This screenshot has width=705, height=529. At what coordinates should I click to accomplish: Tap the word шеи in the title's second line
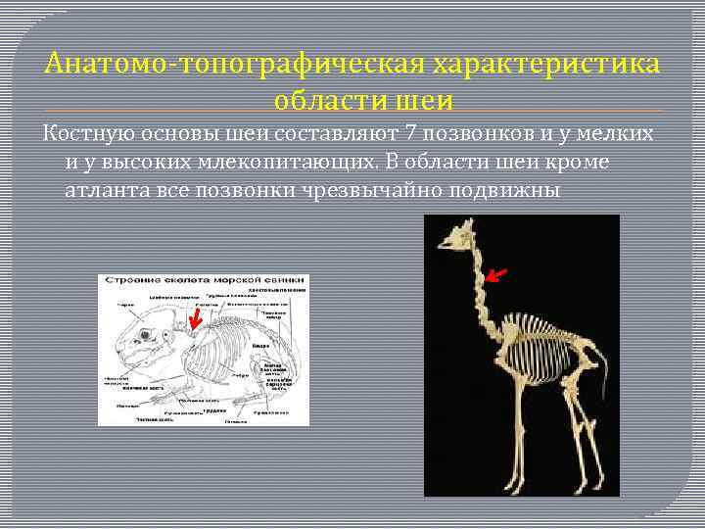point(430,100)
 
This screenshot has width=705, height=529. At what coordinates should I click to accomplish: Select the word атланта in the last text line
point(107,189)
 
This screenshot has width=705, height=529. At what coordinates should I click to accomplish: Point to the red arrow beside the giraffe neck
point(497,274)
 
